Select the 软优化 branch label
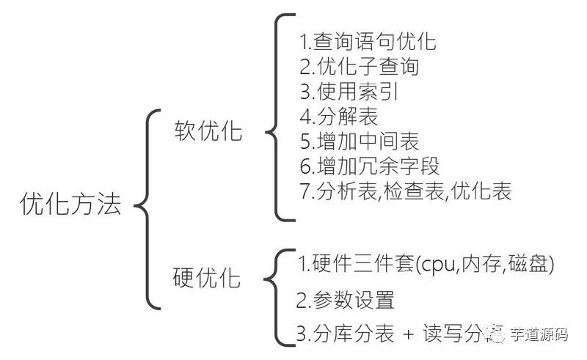(x=208, y=130)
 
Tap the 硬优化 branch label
(x=207, y=278)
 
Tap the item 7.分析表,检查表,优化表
(x=405, y=192)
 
